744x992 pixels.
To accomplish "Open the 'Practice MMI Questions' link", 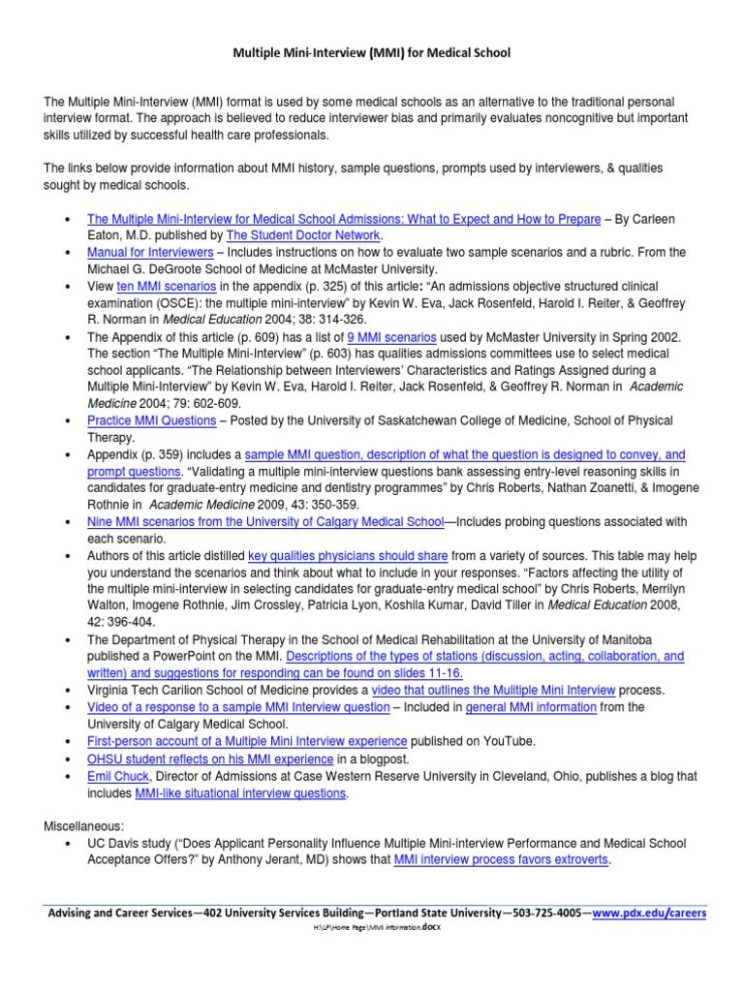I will click(x=151, y=420).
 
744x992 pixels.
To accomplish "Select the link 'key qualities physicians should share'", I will click(x=348, y=556).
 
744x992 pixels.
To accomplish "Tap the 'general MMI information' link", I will click(x=531, y=707).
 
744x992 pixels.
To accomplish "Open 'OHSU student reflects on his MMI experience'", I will click(x=211, y=759).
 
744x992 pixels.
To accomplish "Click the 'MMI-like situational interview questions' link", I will click(x=239, y=792).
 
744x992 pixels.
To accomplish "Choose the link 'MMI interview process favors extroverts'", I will click(x=501, y=859).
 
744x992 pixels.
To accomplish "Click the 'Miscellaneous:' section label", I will click(x=84, y=826).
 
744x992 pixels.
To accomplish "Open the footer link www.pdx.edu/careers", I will click(x=650, y=913).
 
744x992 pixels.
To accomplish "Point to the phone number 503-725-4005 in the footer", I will click(x=543, y=913).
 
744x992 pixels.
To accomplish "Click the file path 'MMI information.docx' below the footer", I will click(x=400, y=928).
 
